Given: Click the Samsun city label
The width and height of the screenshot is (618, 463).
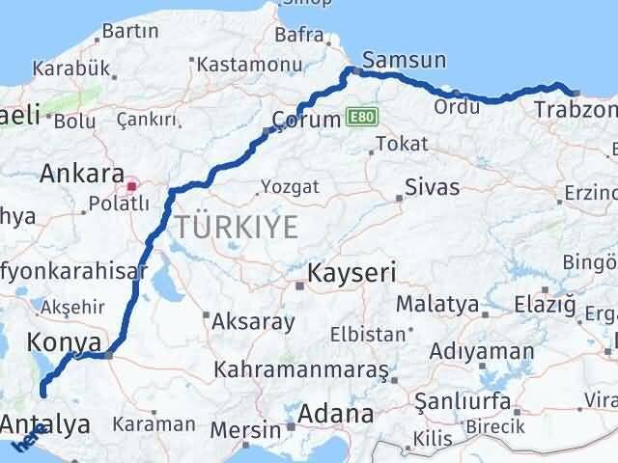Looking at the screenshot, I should click(x=406, y=60).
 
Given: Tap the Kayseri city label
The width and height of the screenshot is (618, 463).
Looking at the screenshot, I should click(x=351, y=273).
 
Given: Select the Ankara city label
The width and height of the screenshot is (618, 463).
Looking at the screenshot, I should click(x=81, y=176).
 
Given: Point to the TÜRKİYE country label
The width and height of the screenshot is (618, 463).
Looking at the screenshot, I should click(x=236, y=228).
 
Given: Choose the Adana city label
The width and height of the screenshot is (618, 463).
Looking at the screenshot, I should click(x=336, y=415).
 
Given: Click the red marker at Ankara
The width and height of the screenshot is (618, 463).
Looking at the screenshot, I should click(x=132, y=179).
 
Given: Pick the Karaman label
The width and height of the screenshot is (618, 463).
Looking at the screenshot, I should click(x=153, y=423).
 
